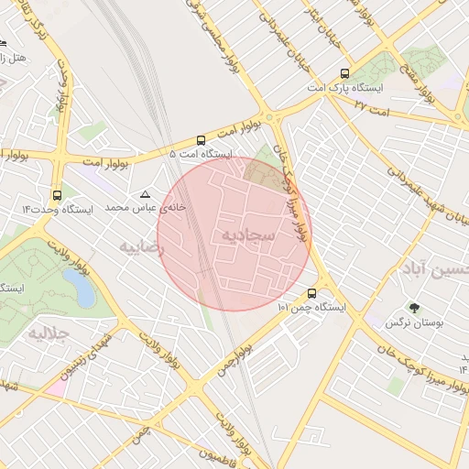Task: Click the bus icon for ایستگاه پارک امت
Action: click(x=344, y=74)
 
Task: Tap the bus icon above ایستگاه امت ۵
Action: click(x=201, y=140)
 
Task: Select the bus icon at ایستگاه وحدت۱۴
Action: click(x=58, y=195)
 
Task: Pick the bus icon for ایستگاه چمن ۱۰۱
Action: click(x=312, y=294)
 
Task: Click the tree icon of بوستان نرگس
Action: click(x=413, y=309)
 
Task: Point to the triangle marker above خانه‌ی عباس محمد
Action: click(x=145, y=195)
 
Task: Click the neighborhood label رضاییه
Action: click(x=143, y=246)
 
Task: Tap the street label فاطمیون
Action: click(x=216, y=455)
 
